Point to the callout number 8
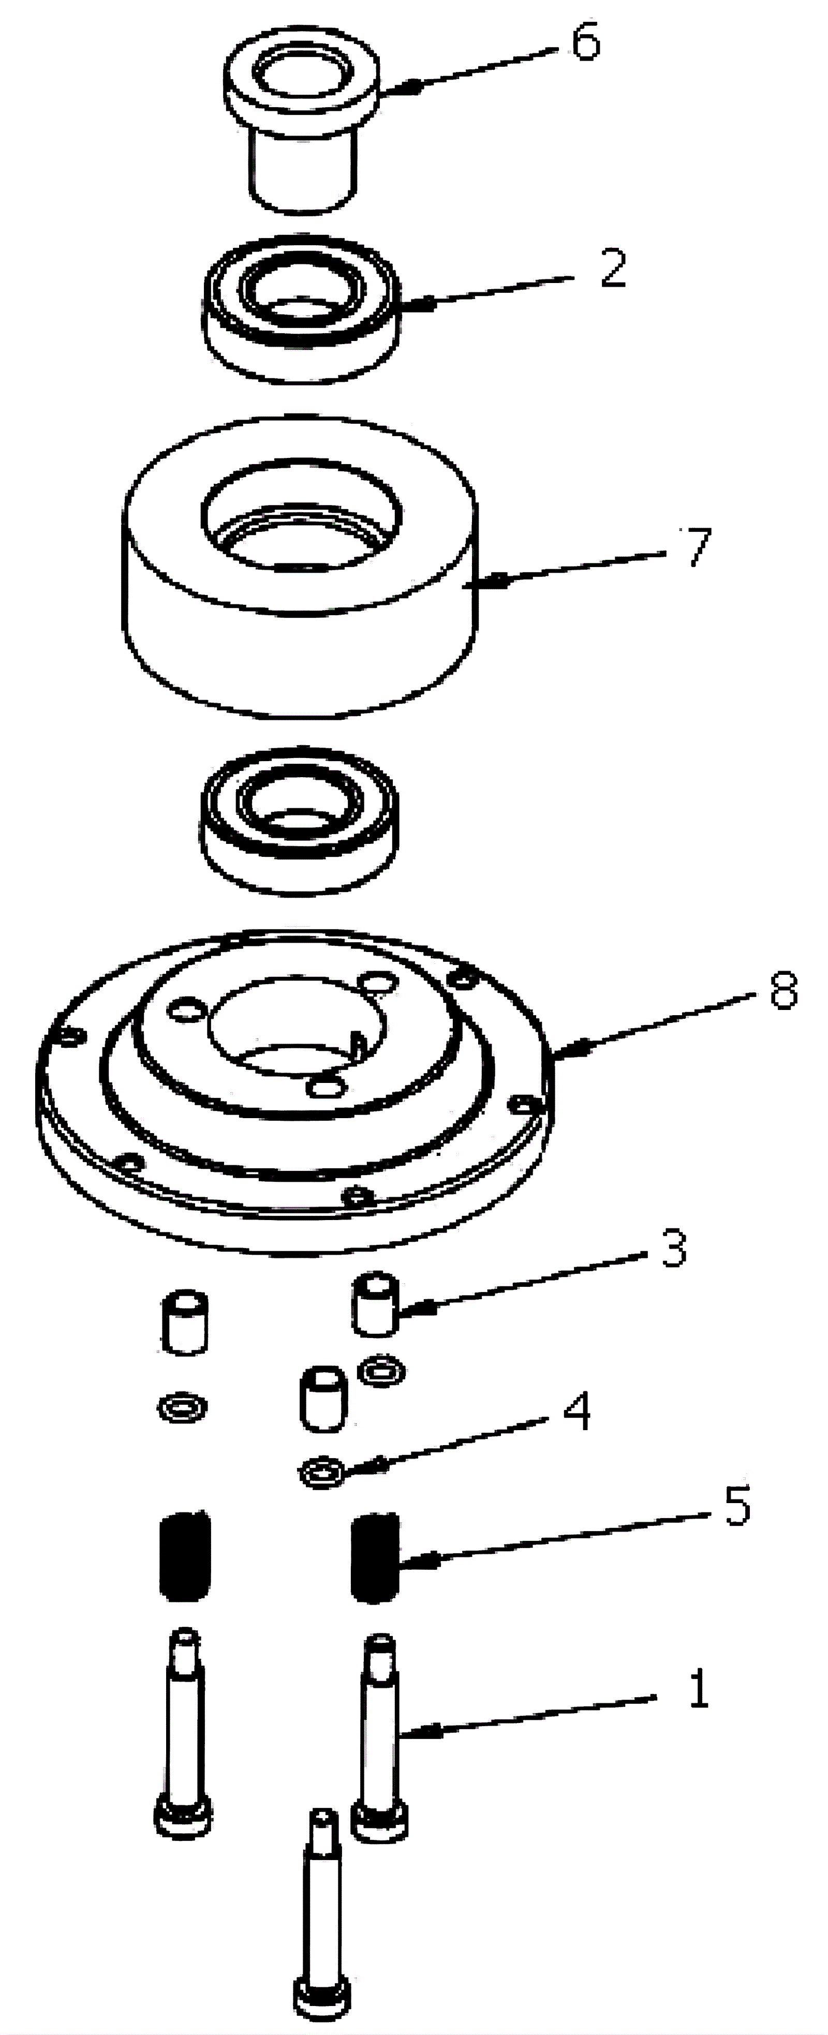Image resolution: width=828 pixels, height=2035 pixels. click(x=783, y=990)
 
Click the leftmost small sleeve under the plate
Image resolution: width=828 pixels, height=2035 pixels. click(x=185, y=1323)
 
